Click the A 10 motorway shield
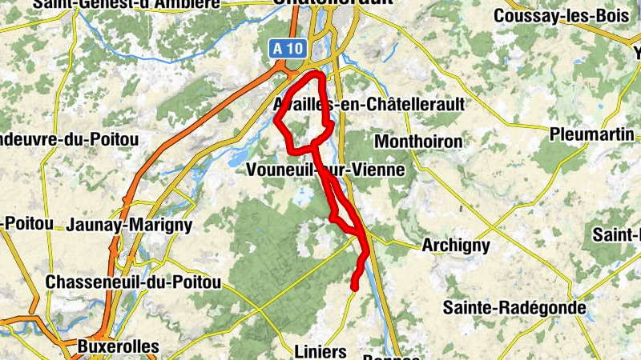[288, 49]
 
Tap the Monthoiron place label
[419, 142]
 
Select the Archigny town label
[455, 246]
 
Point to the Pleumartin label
[592, 134]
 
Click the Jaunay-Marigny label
[131, 225]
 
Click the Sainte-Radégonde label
[515, 307]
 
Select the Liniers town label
[320, 351]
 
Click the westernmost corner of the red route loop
[276, 122]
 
